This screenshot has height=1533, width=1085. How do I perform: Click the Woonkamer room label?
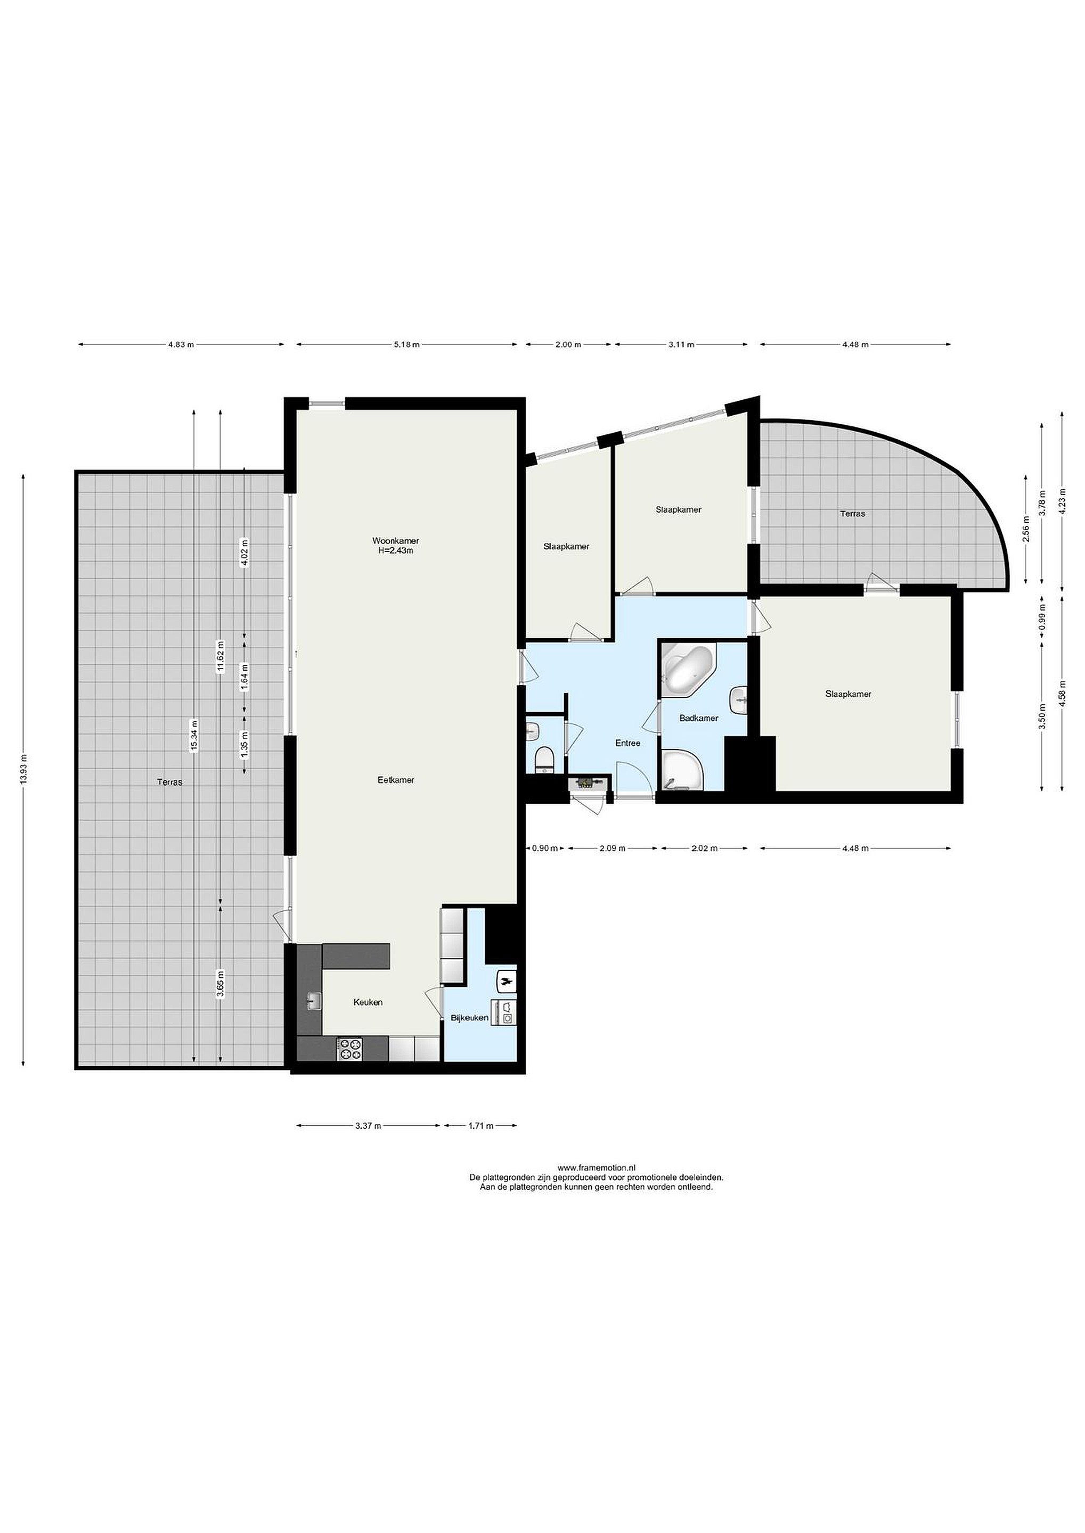pos(396,541)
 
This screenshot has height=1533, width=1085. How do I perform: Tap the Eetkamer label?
pos(396,780)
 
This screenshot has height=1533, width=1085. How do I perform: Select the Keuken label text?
pos(368,1002)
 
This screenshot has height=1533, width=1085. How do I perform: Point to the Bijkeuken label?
pos(470,1018)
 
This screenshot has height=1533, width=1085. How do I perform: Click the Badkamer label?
pos(699,719)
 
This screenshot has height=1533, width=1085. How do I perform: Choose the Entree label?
pos(628,743)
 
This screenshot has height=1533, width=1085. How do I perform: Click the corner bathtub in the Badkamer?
pos(689,669)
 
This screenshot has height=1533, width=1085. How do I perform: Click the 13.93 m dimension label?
pos(23,771)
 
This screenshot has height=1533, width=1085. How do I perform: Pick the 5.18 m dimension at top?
pos(406,344)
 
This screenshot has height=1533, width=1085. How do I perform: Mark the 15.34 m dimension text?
pos(194,736)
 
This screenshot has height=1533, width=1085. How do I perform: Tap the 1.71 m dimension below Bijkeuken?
pos(480,1126)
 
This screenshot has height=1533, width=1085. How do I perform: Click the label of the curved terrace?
pos(852,514)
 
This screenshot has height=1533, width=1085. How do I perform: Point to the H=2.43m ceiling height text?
pos(396,551)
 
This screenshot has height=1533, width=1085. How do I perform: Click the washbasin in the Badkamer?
pos(740,700)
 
